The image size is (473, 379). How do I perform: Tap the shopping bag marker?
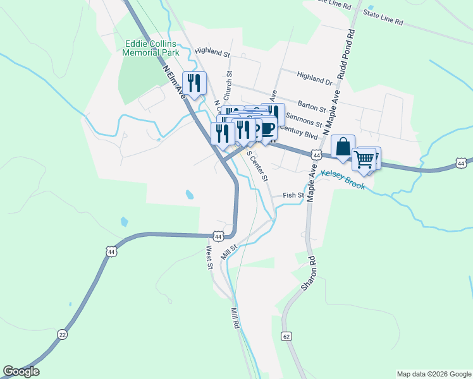pyautogui.click(x=343, y=147)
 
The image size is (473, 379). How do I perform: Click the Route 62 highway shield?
pyautogui.click(x=287, y=337)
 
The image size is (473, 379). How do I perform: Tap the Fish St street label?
pyautogui.click(x=293, y=196)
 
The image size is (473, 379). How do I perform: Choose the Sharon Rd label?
pyautogui.click(x=308, y=274)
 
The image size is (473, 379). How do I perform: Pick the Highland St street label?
pyautogui.click(x=210, y=51)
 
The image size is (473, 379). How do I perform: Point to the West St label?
pyautogui.click(x=208, y=257)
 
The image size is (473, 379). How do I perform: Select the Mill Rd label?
pyautogui.click(x=234, y=316)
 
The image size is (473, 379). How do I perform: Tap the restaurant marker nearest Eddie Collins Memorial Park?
pyautogui.click(x=194, y=83)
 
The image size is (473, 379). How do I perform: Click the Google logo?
pyautogui.click(x=21, y=371)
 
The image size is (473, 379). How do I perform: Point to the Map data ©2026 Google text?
pyautogui.click(x=433, y=374)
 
